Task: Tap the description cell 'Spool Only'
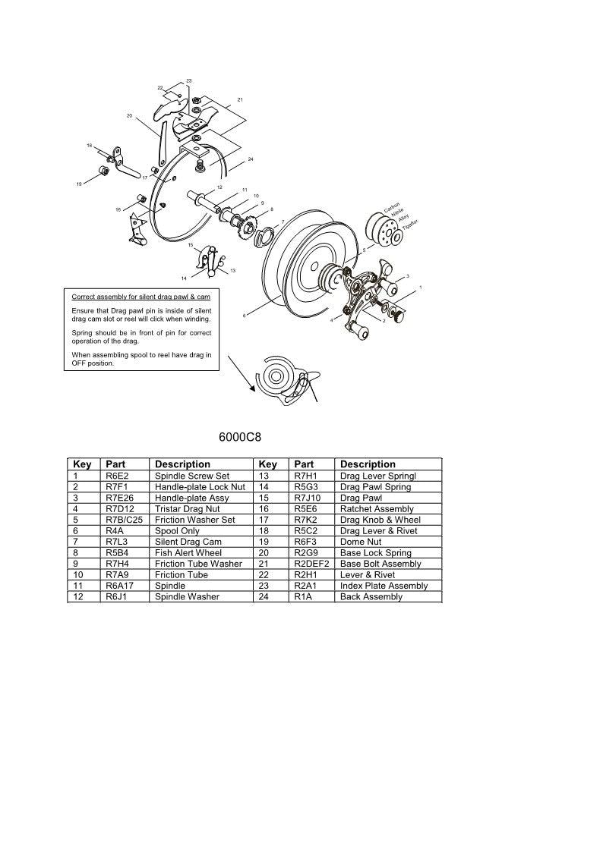(178, 531)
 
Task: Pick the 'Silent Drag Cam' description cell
(188, 542)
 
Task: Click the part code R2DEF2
(311, 564)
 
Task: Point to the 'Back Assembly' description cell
(371, 596)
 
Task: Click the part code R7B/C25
(124, 520)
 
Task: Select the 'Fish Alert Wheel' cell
(188, 553)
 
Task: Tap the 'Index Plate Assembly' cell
(384, 586)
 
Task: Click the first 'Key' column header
(81, 464)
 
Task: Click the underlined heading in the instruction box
(140, 296)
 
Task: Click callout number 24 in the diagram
(250, 159)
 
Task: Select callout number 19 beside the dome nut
(78, 184)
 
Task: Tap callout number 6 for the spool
(244, 315)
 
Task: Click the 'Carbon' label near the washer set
(391, 208)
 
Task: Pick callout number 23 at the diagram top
(188, 80)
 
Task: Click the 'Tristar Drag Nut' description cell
(187, 509)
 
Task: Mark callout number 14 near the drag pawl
(183, 278)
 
